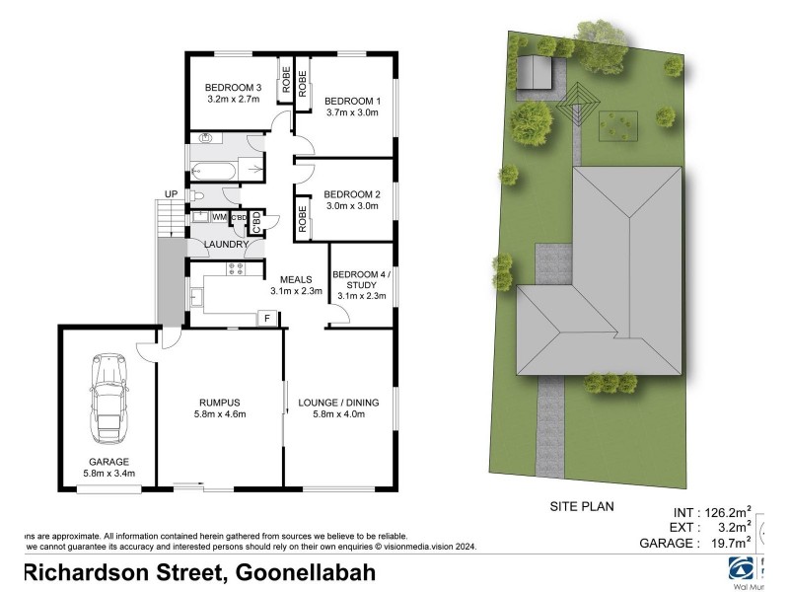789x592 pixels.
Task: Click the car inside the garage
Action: (x=108, y=401)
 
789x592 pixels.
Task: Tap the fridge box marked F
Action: (x=264, y=318)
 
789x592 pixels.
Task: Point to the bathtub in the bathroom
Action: (x=213, y=171)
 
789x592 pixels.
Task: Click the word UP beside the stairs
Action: (x=170, y=194)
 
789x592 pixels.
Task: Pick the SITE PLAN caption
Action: (x=582, y=507)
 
